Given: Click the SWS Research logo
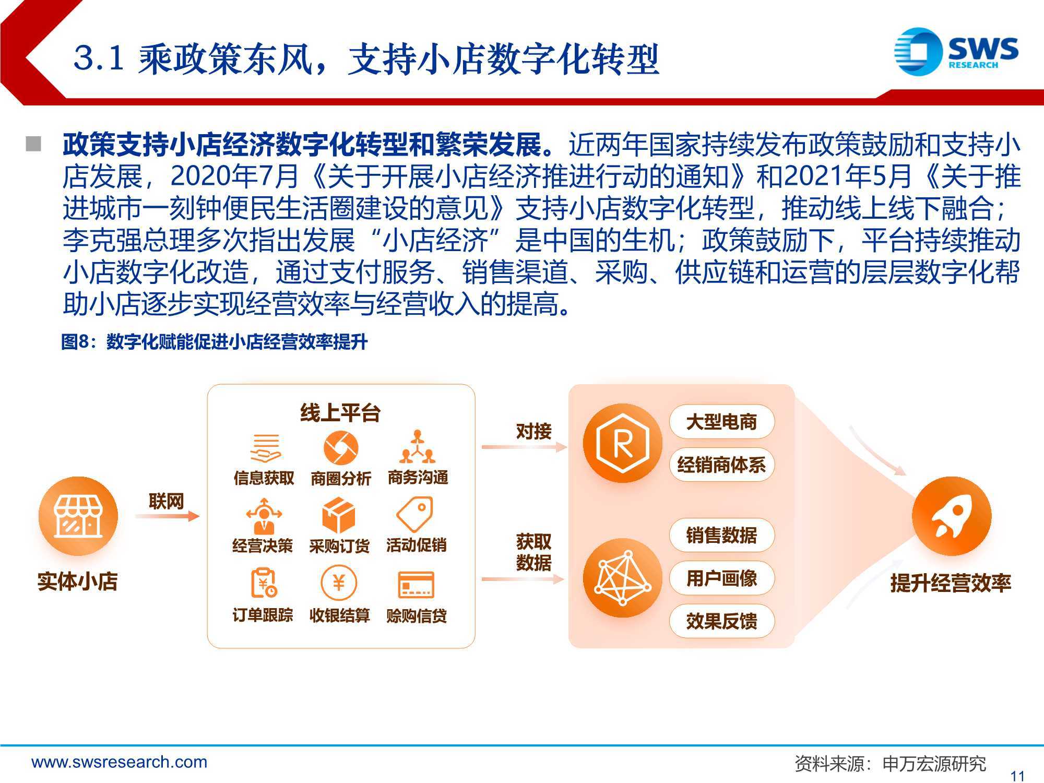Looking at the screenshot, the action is (x=956, y=51).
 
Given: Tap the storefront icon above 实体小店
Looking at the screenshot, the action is (x=78, y=516).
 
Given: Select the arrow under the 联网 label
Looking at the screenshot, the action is (x=167, y=516).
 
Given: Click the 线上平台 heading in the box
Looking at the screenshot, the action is (x=340, y=413).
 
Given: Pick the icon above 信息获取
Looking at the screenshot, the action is (x=265, y=448).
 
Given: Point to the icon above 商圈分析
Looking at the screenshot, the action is (x=340, y=447).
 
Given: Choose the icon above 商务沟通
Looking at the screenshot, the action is (x=417, y=447).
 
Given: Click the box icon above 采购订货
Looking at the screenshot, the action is (x=339, y=515).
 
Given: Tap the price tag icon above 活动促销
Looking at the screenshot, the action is (x=415, y=515).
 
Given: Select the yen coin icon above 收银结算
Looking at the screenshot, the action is (x=339, y=583).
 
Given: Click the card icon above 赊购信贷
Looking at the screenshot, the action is (x=416, y=585).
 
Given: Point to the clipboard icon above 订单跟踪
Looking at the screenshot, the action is (x=264, y=583).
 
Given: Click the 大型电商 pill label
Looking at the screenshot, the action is (x=721, y=422).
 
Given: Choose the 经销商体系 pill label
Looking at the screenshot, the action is (x=721, y=465).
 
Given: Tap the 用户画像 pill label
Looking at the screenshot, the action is (x=721, y=578).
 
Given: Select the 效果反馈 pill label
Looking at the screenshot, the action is (x=721, y=621).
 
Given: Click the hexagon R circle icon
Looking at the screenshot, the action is (x=622, y=443).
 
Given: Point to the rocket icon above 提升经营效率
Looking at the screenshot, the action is (x=951, y=516).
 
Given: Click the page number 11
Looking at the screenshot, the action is (x=1017, y=776).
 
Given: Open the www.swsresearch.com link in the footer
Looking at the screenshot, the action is (x=119, y=762).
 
